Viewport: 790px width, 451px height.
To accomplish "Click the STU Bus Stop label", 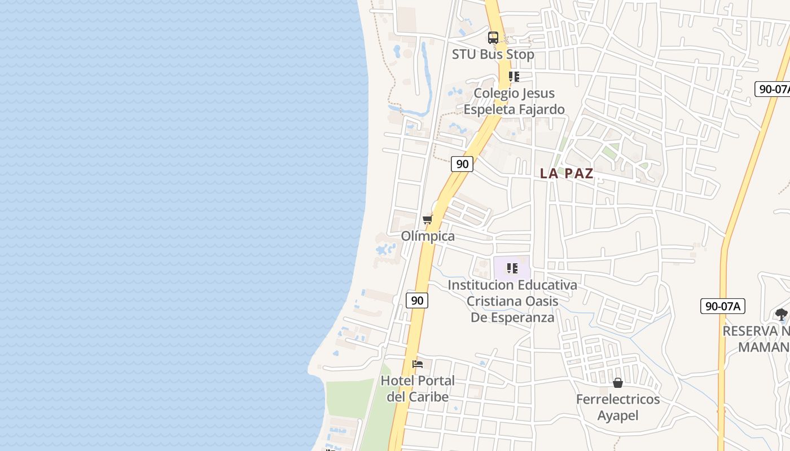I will coord(493,54).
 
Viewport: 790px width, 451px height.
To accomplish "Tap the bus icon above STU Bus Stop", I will coord(493,38).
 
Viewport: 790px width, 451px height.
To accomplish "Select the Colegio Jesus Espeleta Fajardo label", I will coord(514,101).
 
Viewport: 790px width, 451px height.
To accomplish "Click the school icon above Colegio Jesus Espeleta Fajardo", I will coord(513,76).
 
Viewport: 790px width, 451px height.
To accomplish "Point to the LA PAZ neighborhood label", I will coord(567,173).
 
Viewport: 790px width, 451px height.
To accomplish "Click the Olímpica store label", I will coord(428,236).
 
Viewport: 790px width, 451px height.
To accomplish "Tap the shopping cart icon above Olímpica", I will coord(427,219).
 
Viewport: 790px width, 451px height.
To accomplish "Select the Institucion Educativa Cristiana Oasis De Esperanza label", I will coord(512,301).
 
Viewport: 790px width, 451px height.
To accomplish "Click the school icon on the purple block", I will coord(512,268).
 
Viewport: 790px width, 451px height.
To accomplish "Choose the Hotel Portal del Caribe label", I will coord(418,388).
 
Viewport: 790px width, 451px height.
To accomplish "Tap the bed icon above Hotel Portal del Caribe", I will coord(418,364).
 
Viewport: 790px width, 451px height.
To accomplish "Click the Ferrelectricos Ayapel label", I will coord(618,407).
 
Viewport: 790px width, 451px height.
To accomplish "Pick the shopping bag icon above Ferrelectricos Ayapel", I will coord(618,383).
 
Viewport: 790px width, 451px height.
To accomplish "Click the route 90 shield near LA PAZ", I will coord(462,164).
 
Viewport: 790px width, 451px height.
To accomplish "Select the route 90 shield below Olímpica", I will coord(417,300).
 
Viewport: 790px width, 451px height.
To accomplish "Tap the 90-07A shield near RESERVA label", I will coord(723,306).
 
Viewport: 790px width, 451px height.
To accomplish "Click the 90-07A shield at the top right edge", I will coord(773,89).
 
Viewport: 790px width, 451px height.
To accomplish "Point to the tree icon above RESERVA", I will coord(782,315).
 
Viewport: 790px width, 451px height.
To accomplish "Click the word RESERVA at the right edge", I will coord(756,331).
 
